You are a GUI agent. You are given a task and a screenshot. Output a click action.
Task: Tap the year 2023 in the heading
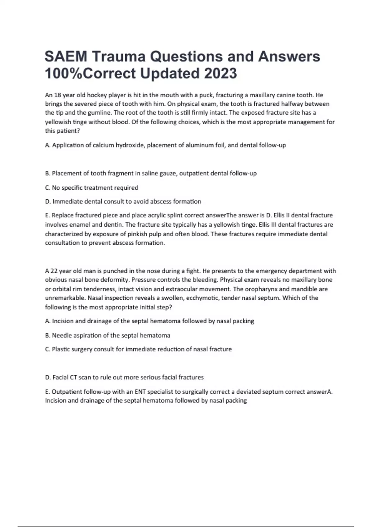pyautogui.click(x=220, y=73)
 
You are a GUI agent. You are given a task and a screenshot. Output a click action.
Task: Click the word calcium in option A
pyautogui.click(x=104, y=145)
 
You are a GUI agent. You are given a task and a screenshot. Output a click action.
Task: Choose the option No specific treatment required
pyautogui.click(x=92, y=188)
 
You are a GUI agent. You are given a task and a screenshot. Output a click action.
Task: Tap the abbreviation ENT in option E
pyautogui.click(x=140, y=392)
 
